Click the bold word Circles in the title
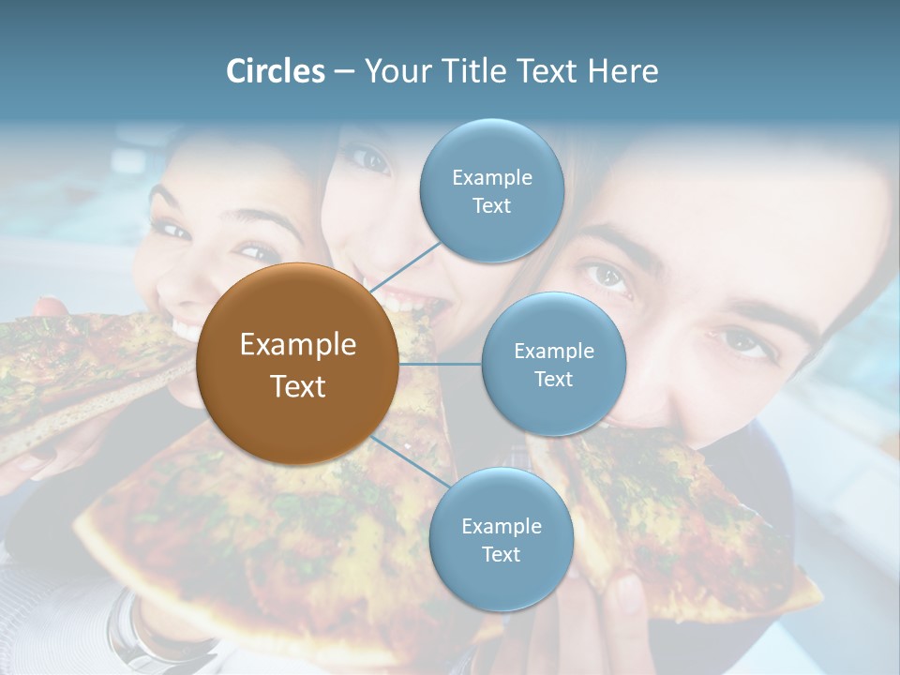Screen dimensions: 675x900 click(276, 71)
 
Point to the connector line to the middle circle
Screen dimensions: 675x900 click(441, 364)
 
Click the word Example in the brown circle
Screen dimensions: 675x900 click(297, 345)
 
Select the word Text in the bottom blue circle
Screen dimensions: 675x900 click(501, 555)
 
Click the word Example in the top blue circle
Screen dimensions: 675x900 click(491, 177)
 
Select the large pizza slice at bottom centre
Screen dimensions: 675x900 click(272, 544)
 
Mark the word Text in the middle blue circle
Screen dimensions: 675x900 click(553, 379)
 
